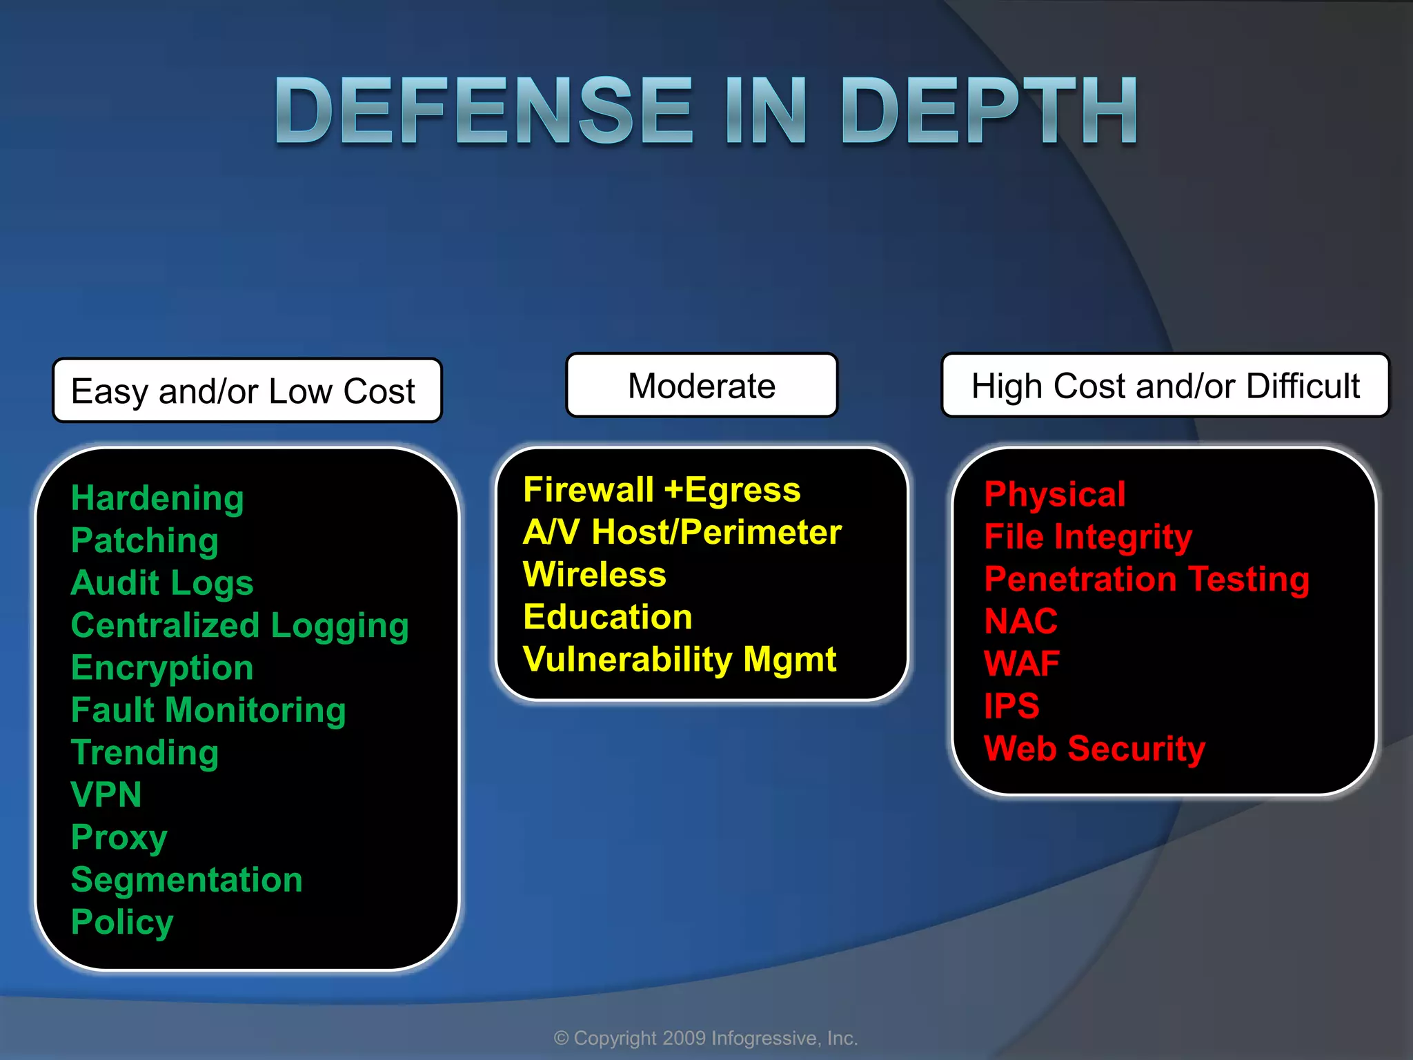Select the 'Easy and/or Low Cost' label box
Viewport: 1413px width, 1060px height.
pyautogui.click(x=247, y=391)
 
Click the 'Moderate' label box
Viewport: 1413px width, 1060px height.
pyautogui.click(x=702, y=386)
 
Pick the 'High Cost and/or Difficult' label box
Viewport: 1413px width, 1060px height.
pyautogui.click(x=1165, y=386)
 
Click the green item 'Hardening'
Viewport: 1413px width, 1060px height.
pyautogui.click(x=157, y=498)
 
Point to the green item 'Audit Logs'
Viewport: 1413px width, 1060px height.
pyautogui.click(x=162, y=583)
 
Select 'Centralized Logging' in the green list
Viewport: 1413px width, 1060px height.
pyautogui.click(x=239, y=626)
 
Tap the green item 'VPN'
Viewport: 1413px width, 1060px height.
pyautogui.click(x=106, y=795)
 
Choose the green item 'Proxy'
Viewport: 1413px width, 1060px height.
pyautogui.click(x=119, y=838)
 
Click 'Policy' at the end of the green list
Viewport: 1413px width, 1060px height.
pyautogui.click(x=122, y=923)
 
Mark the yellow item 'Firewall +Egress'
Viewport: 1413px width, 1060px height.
pyautogui.click(x=662, y=490)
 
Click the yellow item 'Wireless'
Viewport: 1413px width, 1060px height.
pyautogui.click(x=595, y=575)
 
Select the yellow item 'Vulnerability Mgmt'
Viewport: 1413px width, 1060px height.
pyautogui.click(x=680, y=660)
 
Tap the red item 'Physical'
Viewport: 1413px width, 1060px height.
pyautogui.click(x=1055, y=494)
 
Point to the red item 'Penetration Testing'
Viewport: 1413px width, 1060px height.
pyautogui.click(x=1147, y=579)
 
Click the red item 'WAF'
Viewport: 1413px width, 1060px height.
pyautogui.click(x=1022, y=664)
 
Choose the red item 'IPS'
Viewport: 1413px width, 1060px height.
pyautogui.click(x=1011, y=706)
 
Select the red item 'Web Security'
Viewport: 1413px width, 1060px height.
pyautogui.click(x=1095, y=749)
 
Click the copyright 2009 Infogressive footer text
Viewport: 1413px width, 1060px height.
pyautogui.click(x=706, y=1038)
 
